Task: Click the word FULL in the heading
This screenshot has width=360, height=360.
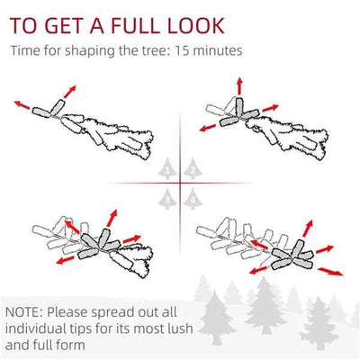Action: click(133, 25)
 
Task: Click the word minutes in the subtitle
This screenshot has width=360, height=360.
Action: click(217, 50)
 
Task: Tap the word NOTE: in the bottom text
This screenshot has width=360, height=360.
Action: click(24, 312)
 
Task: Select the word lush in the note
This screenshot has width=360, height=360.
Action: click(179, 328)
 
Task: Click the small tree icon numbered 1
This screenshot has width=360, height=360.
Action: click(167, 169)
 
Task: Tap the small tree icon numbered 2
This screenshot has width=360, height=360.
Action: click(193, 169)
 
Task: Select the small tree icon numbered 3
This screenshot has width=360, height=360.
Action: click(167, 199)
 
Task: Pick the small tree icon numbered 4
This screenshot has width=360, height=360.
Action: click(193, 199)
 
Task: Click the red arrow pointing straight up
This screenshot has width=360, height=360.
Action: click(239, 86)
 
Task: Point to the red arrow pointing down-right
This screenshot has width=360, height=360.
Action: click(330, 271)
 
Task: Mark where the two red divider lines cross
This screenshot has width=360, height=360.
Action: click(180, 183)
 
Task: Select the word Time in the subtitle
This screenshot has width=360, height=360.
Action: click(25, 50)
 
